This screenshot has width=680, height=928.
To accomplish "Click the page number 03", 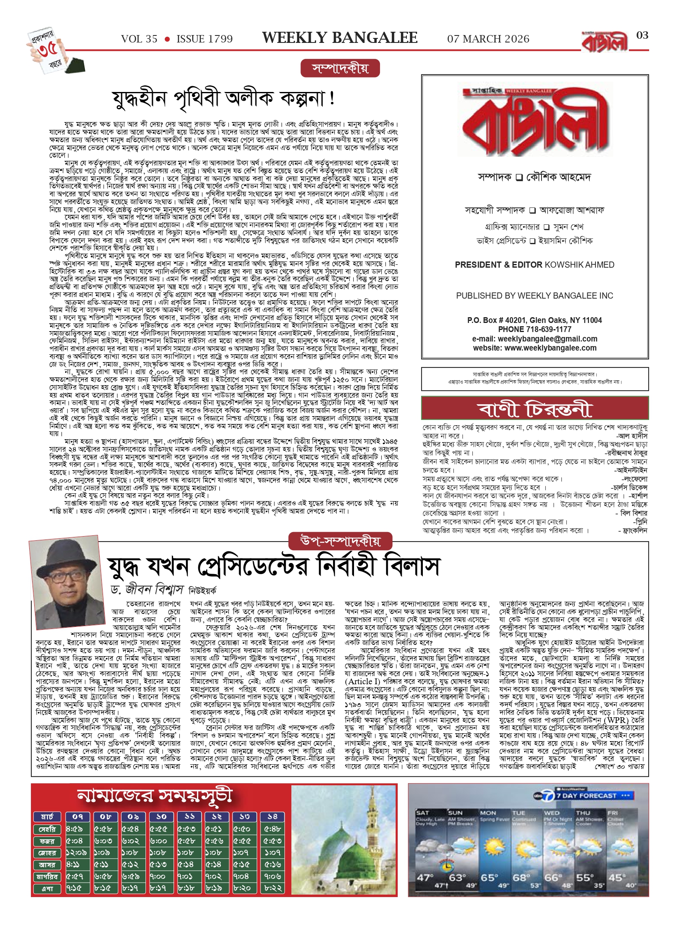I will click(x=642, y=35).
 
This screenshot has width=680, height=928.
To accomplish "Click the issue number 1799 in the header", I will click(x=218, y=39).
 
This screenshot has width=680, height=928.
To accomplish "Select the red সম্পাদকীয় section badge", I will click(x=340, y=68).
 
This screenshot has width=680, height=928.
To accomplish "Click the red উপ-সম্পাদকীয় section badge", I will click(x=340, y=541).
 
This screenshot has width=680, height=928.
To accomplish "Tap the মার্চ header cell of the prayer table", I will click(x=47, y=816).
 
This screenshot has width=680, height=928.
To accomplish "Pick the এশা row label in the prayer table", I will click(x=47, y=889).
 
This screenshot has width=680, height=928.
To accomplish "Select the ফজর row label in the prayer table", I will click(x=47, y=841).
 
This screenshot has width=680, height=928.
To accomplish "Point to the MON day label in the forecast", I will click(x=488, y=813).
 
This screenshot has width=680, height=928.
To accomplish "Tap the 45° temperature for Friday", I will click(x=616, y=877).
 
